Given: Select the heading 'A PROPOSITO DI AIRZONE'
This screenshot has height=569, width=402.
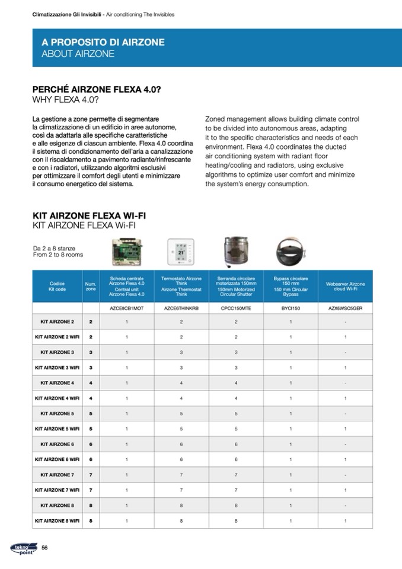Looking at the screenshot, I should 103,43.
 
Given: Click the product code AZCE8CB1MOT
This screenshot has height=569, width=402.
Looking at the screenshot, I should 127,309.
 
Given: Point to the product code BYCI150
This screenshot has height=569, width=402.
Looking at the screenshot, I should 291,309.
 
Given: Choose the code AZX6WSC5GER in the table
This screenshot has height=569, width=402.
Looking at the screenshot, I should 345,309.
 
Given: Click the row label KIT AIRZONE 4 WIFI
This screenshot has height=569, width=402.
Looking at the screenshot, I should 57,398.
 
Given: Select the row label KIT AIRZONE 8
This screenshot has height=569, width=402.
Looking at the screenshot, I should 57,505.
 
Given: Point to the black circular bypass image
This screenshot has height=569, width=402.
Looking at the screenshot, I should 291,252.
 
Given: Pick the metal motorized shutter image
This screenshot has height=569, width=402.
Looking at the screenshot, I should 235,252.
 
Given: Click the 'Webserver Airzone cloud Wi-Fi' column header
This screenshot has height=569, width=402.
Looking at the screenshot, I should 345,286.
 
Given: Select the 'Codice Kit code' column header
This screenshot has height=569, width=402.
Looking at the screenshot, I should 57,286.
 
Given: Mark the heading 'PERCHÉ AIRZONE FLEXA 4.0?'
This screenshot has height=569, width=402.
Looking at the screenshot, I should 97,89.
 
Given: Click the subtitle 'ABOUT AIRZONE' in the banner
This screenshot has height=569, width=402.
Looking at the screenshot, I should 78,54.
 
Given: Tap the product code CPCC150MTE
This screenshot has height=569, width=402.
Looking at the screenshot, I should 236,309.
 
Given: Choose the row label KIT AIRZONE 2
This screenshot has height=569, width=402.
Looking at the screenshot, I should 57,322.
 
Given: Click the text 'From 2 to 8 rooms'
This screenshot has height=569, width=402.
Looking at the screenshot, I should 58,255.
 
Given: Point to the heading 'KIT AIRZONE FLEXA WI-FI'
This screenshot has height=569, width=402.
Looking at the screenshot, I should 89,215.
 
